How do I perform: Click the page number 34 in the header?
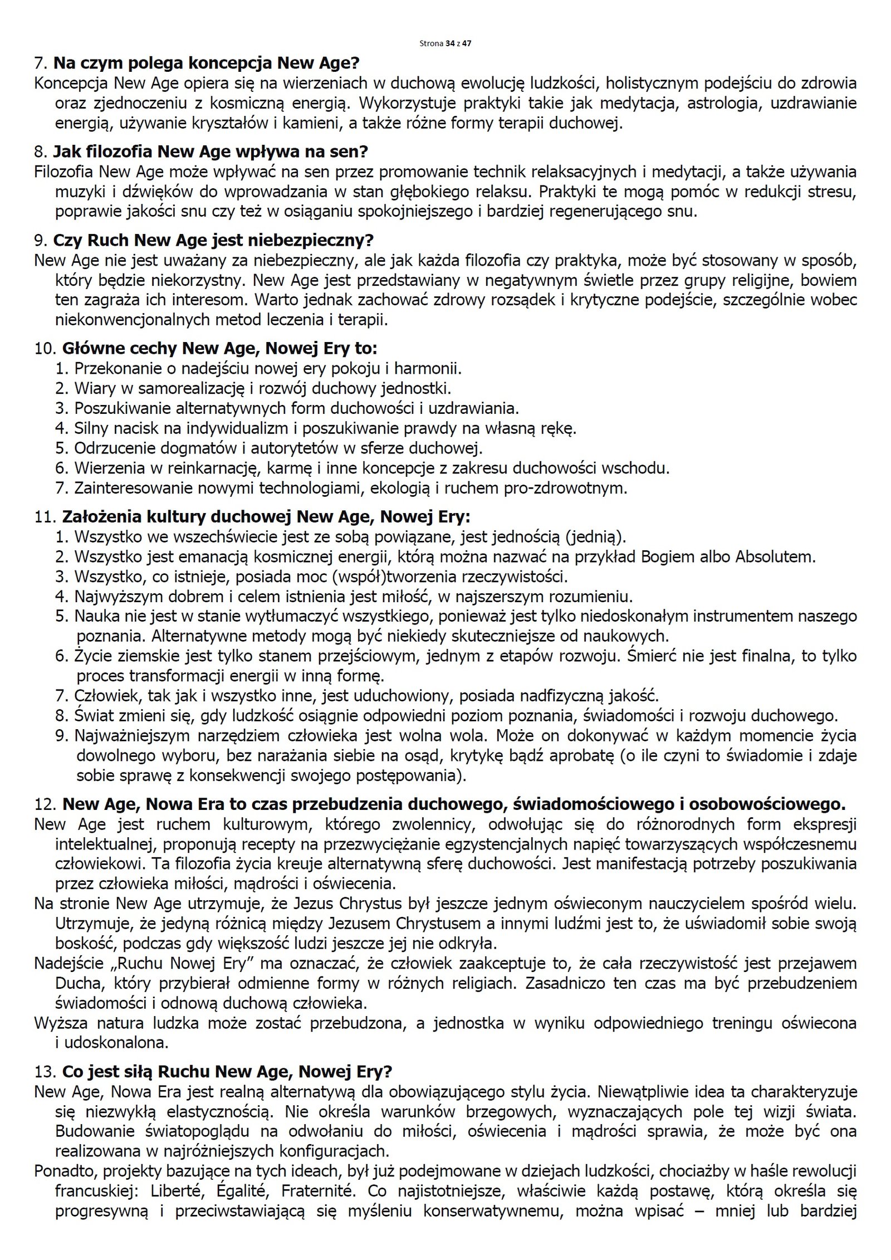point(449,43)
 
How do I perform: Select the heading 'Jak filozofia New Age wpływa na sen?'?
point(210,152)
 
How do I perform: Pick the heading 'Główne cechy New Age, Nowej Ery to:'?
point(220,349)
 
